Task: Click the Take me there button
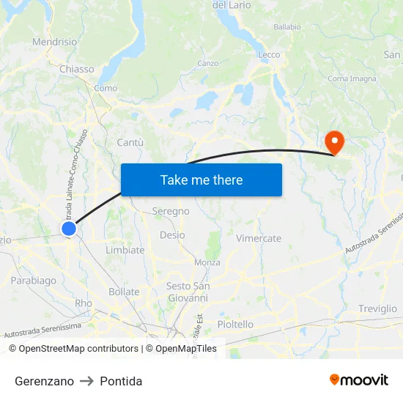202,180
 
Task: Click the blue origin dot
69,229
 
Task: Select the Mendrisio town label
54,42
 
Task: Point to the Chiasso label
77,69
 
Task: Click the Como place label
106,88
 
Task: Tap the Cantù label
130,142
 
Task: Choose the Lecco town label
269,55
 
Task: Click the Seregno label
171,211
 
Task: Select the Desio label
172,235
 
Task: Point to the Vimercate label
259,238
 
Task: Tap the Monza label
207,262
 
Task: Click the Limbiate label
125,250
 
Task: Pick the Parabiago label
34,280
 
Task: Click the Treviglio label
377,308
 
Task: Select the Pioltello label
235,324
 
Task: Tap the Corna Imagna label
352,78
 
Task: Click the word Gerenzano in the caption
44,381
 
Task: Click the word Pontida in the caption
121,381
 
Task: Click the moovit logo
359,380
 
